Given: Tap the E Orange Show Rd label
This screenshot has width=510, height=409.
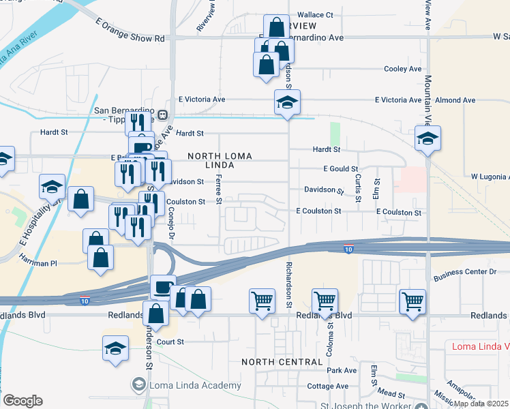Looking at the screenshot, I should [x=131, y=39].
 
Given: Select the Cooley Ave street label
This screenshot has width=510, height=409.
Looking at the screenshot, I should [x=402, y=69].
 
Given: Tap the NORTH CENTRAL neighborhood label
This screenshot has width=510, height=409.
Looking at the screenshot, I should [x=282, y=361].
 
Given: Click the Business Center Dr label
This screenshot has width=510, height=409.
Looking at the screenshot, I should [x=466, y=272].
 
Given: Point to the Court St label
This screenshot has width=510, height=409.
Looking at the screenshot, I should [x=170, y=342].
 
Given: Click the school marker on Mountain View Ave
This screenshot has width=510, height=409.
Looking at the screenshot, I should [x=427, y=138].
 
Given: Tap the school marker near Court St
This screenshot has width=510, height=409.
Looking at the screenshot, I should [x=116, y=348].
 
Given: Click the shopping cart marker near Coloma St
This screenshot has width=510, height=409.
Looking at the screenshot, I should [x=325, y=301].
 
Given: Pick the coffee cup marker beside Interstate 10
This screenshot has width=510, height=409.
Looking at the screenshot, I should [x=163, y=287].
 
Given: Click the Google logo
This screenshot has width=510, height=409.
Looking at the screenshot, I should [x=23, y=401].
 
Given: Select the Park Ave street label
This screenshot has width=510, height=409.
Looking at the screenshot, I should [x=342, y=370].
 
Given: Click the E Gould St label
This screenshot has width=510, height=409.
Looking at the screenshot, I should [x=340, y=168].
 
